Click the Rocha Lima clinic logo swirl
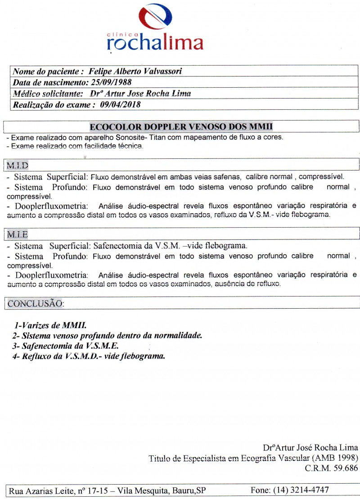155,17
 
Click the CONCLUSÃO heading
36,303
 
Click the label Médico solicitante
47,94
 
